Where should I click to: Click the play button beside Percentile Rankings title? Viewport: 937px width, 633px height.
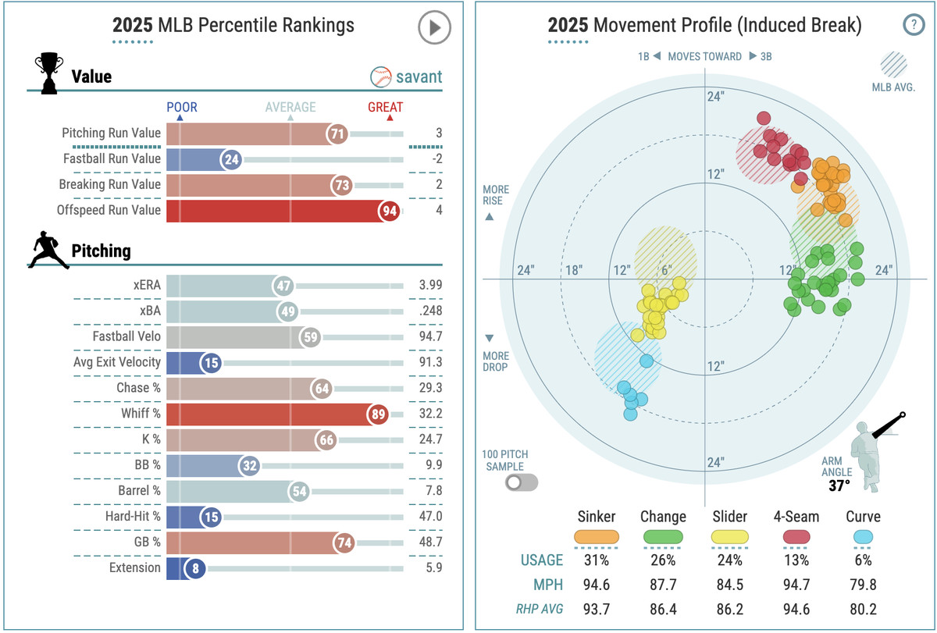[434, 28]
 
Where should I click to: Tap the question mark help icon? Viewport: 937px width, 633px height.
[913, 25]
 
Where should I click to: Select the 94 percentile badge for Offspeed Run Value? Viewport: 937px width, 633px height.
[389, 210]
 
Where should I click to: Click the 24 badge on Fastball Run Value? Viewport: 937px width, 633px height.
[230, 159]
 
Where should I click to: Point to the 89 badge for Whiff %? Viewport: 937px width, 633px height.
[379, 414]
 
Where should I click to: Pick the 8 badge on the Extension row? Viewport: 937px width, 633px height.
[194, 568]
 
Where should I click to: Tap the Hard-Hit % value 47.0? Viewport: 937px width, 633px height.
[429, 517]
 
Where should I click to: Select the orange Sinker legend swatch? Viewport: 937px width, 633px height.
[597, 537]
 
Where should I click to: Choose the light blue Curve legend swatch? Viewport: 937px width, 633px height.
[862, 537]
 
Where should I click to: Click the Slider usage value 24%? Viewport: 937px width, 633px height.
[729, 560]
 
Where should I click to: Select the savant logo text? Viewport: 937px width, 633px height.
[419, 76]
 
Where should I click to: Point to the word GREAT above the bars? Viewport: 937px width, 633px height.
[386, 107]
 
